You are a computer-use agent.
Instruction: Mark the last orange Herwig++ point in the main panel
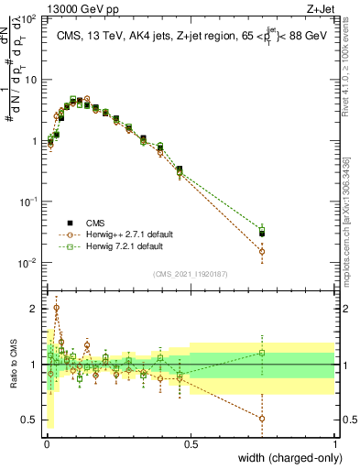262,251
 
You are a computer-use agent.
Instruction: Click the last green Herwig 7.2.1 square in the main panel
262,230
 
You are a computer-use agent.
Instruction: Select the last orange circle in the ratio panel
262,419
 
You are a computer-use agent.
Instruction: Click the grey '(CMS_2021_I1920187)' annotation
189,272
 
